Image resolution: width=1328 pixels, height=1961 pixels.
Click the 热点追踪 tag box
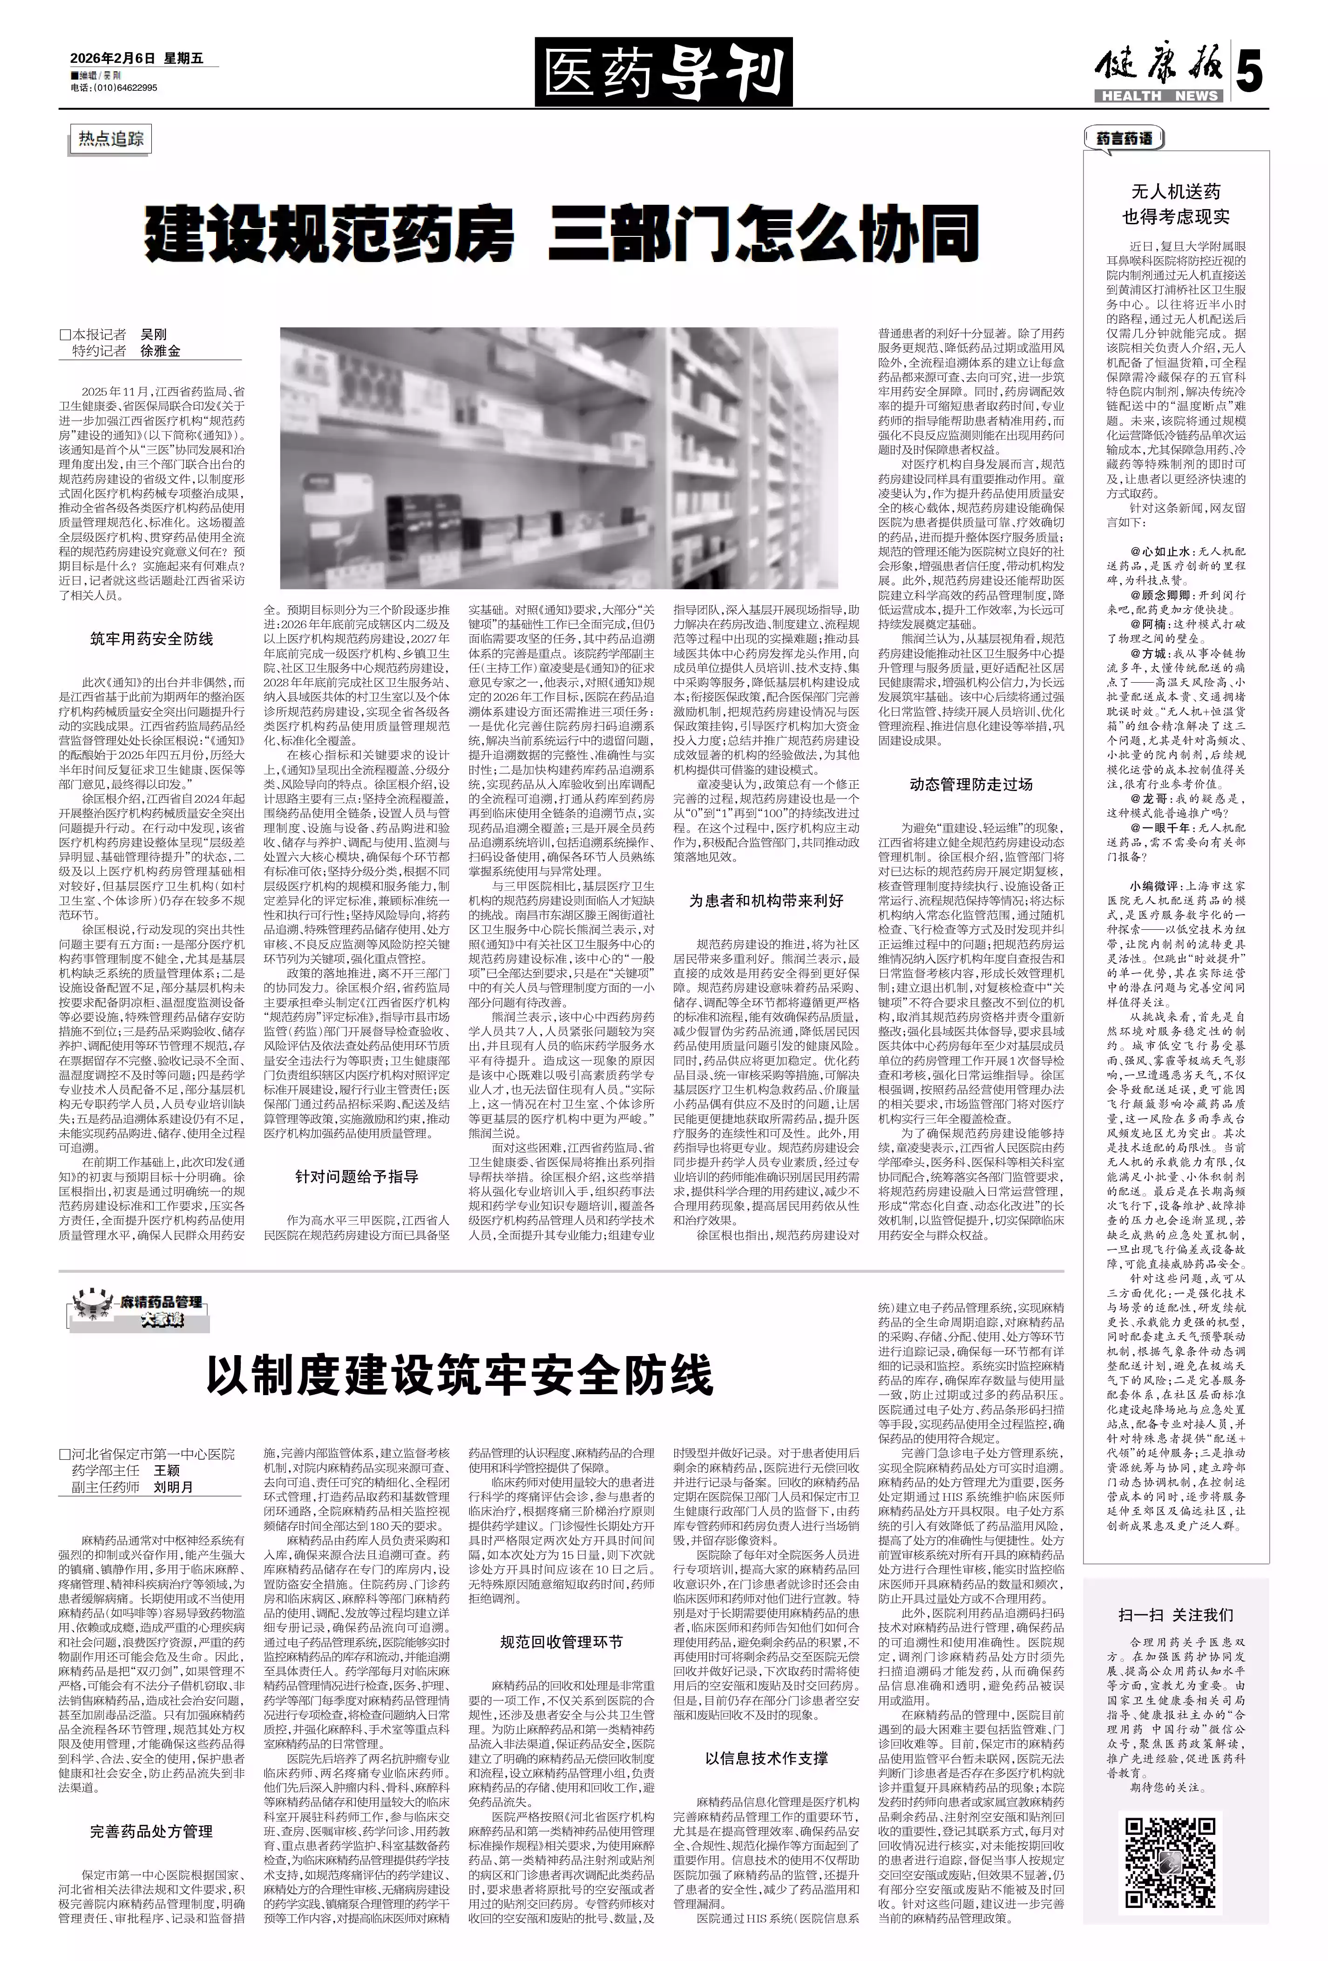(x=111, y=139)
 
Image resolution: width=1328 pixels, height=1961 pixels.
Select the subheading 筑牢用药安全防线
(x=152, y=639)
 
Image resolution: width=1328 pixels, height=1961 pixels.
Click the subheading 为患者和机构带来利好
(x=766, y=900)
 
